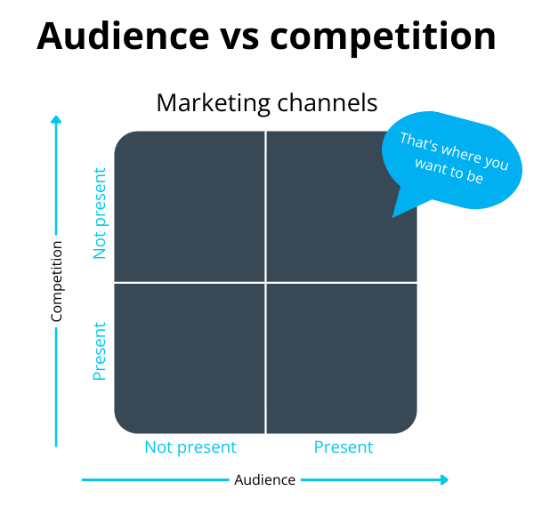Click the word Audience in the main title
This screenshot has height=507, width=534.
click(123, 36)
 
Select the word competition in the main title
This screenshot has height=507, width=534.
click(383, 36)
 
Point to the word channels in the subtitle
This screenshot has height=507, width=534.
click(328, 102)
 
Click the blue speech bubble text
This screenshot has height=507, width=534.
click(454, 158)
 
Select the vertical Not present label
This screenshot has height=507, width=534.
click(100, 213)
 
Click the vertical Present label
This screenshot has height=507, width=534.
click(100, 350)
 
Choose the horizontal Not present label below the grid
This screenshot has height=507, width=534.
click(190, 447)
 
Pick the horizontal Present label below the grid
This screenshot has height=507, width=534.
click(344, 447)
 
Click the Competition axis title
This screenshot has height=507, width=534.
click(57, 281)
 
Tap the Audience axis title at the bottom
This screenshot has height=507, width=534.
click(264, 479)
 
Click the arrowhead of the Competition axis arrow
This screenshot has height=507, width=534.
click(56, 119)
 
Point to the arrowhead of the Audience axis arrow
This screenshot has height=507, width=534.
click(445, 479)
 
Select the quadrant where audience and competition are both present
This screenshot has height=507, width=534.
click(342, 358)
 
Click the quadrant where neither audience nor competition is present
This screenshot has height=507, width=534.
click(190, 206)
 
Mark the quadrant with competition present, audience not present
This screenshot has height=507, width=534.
click(190, 358)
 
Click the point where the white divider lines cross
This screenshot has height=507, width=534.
click(265, 283)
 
